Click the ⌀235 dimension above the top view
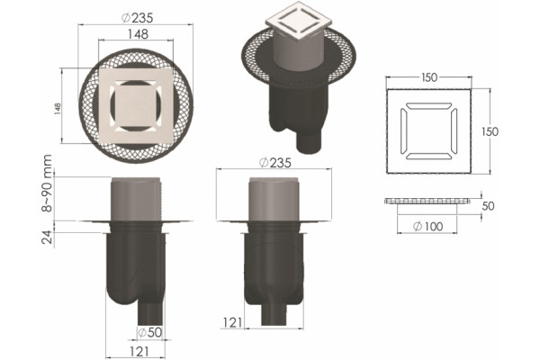click(x=138, y=18)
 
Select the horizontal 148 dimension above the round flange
click(x=138, y=34)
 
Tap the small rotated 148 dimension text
click(x=58, y=109)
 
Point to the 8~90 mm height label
click(x=46, y=183)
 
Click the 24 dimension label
click(x=48, y=237)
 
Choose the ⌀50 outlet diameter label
click(x=149, y=332)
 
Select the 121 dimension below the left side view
click(x=139, y=352)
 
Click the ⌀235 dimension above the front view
click(x=275, y=162)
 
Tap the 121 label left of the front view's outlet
click(x=232, y=322)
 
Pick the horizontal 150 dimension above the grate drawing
click(x=429, y=77)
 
